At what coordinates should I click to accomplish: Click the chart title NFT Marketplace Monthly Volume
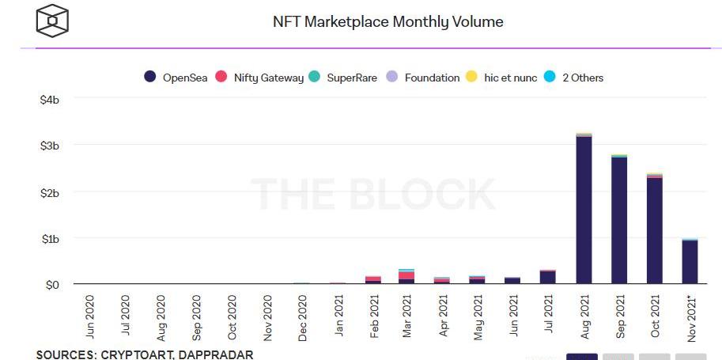tap(387, 21)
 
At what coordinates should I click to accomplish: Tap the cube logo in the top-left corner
tap(53, 20)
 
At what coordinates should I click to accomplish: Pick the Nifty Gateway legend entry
tap(260, 78)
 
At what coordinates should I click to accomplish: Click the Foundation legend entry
tap(422, 78)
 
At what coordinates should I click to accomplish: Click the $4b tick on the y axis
tap(49, 100)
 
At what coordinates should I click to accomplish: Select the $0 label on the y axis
tap(51, 284)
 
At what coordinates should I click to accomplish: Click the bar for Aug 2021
tap(584, 210)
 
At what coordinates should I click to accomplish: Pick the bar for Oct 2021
tap(655, 229)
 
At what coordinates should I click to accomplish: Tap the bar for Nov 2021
tap(690, 261)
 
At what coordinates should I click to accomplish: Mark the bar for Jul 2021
tap(548, 276)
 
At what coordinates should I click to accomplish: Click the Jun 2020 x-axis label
tap(89, 317)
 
